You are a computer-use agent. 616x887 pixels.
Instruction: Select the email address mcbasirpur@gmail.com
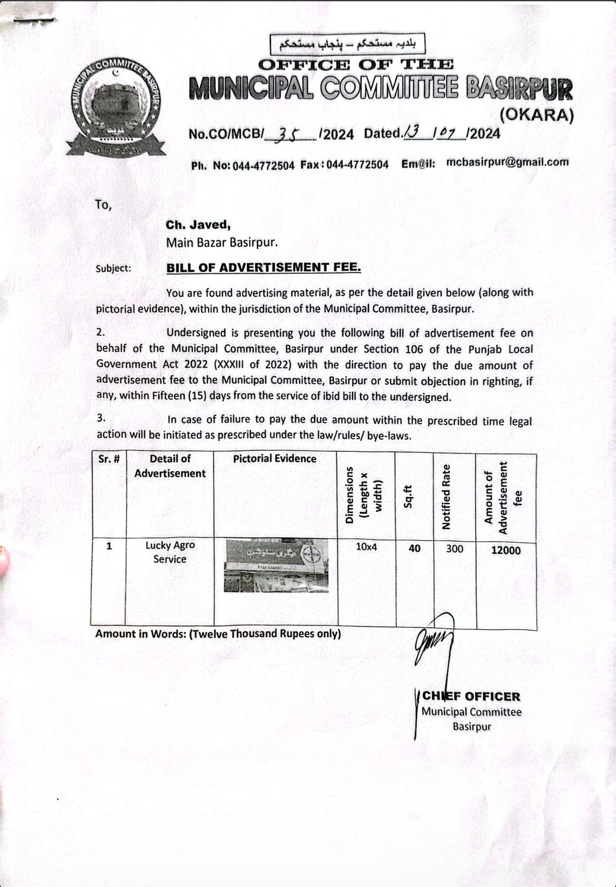pos(507,162)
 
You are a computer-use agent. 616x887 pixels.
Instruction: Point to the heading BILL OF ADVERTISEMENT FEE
pos(264,267)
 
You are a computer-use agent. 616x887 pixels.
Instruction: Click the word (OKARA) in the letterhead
pos(536,115)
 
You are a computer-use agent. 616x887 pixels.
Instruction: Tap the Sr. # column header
pos(109,459)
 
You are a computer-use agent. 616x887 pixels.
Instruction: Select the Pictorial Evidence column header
pos(275,459)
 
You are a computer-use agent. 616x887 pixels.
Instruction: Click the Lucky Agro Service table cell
pos(170,552)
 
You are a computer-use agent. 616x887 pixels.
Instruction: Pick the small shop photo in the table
pos(276,565)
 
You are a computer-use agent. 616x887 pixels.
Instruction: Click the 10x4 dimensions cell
pos(366,547)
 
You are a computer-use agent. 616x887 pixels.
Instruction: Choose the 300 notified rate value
pos(455,549)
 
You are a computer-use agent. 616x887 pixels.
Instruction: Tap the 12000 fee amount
pos(506,550)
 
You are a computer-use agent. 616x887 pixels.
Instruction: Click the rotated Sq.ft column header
pos(408,496)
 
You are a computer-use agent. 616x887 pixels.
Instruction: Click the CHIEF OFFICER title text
pos(471,696)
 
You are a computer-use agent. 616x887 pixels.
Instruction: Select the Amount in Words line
pos(218,634)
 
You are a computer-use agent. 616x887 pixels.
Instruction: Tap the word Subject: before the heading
pos(113,268)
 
